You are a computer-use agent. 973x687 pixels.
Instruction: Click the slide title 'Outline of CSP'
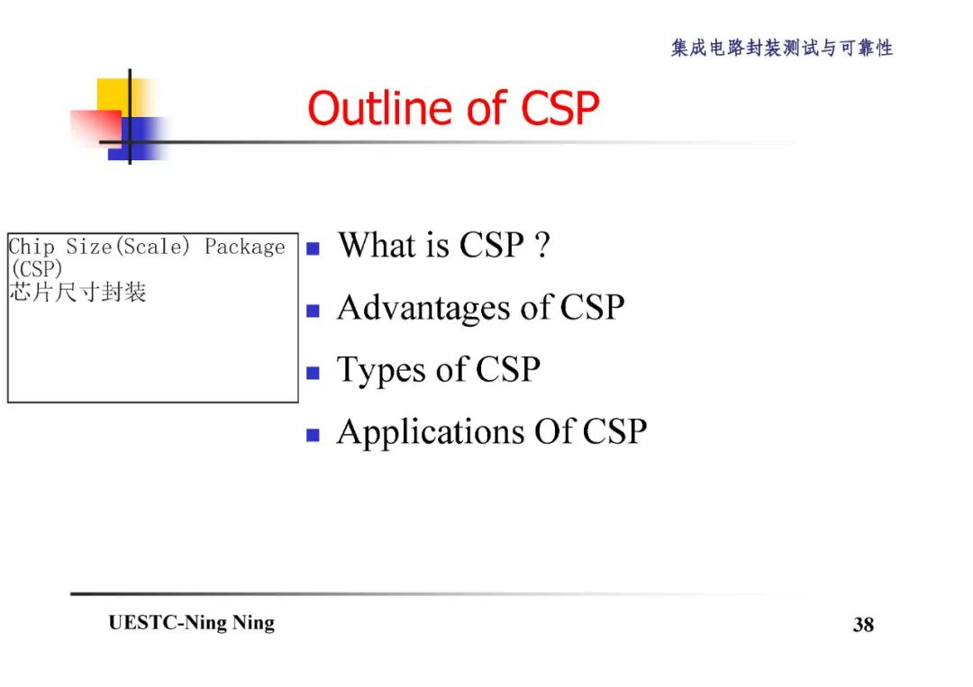click(453, 109)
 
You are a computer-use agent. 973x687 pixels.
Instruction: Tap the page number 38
click(863, 625)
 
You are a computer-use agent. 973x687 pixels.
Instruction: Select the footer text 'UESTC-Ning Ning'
click(191, 623)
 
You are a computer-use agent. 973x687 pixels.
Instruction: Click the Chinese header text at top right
click(781, 49)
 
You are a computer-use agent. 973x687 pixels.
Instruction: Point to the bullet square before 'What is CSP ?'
click(313, 249)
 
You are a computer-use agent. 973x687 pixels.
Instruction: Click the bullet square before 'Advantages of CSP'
click(313, 312)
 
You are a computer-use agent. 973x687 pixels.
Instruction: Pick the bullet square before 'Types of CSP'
click(313, 373)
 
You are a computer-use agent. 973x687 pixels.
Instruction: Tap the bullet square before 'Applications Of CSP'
click(313, 435)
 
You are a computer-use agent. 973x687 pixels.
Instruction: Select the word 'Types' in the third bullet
click(377, 371)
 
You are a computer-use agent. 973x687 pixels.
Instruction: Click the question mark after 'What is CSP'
click(541, 245)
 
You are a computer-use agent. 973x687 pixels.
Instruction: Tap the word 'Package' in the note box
click(244, 247)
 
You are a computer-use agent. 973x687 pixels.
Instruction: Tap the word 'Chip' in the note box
click(32, 247)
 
